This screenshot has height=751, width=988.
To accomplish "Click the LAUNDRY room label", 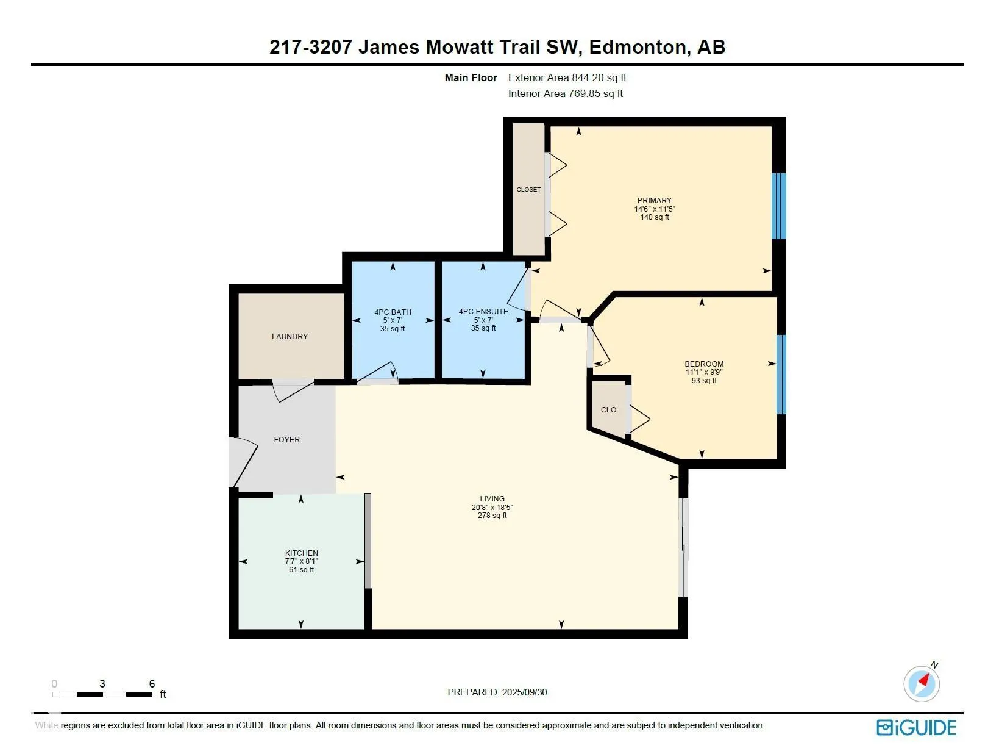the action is click(290, 337).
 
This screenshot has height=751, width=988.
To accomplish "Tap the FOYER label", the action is click(286, 440).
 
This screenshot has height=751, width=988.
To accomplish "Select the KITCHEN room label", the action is click(301, 553).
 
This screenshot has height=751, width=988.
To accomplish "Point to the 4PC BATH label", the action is click(393, 312).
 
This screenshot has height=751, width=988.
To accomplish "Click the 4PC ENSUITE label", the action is click(483, 311).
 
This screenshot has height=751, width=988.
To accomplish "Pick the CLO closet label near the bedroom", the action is click(608, 409).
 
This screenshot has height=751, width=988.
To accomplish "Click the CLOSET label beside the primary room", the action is click(528, 190).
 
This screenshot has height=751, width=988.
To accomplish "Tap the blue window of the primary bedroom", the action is click(779, 206).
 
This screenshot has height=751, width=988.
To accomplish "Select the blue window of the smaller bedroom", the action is click(781, 375).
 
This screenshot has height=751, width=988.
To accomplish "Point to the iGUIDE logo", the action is click(916, 728).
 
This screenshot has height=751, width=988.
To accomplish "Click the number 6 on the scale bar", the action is click(152, 683).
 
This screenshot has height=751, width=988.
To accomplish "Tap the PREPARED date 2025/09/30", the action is click(524, 692).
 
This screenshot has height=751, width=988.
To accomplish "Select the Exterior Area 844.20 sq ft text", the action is click(567, 77).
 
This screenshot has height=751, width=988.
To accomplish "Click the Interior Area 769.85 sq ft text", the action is click(566, 93).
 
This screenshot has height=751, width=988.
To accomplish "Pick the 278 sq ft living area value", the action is click(492, 516).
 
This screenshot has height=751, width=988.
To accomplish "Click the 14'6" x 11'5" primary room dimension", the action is click(655, 209).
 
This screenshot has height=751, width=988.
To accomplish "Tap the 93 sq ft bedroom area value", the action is click(704, 381).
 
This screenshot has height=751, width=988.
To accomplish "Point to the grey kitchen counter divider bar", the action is click(368, 541).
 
